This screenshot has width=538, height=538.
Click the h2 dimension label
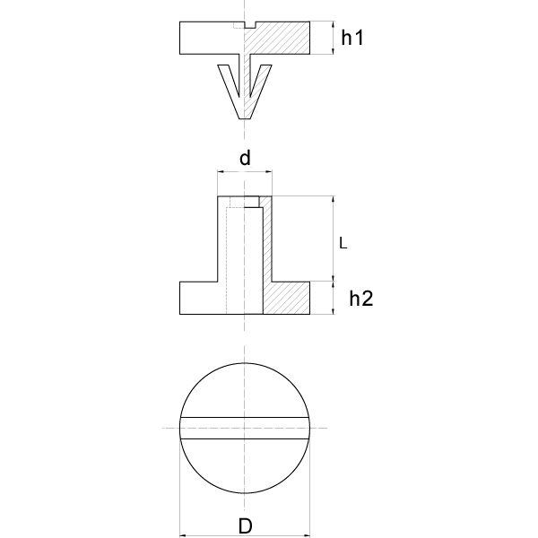click(x=360, y=299)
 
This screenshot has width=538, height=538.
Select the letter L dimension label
click(x=343, y=242)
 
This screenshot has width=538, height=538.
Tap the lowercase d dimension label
click(x=244, y=159)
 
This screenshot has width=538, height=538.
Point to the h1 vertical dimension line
click(x=333, y=39)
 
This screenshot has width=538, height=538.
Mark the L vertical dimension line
click(x=333, y=239)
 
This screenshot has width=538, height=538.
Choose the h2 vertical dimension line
click(x=333, y=298)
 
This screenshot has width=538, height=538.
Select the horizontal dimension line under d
click(x=244, y=173)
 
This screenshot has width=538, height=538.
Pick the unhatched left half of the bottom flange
click(x=202, y=298)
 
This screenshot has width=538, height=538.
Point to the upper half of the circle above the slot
click(x=245, y=390)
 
